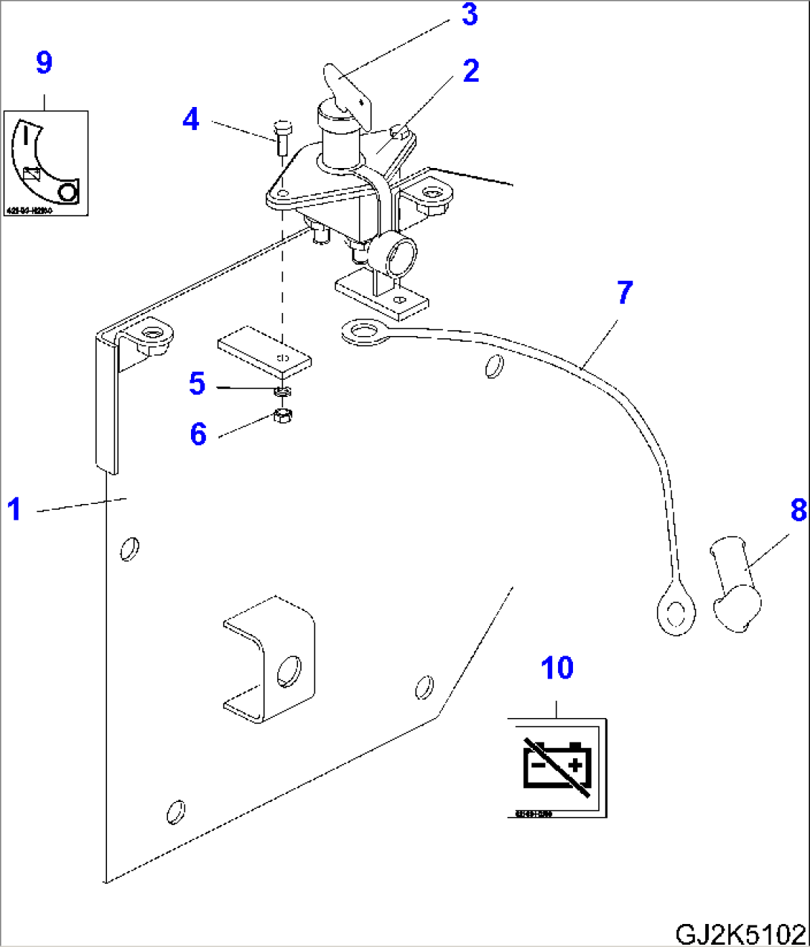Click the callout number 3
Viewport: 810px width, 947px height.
tap(469, 15)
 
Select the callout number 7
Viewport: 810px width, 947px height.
tap(624, 293)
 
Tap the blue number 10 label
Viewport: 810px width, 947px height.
tap(557, 668)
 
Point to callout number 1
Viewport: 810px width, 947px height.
tap(14, 510)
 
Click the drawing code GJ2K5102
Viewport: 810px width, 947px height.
tap(739, 933)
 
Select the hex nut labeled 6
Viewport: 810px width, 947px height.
tap(282, 416)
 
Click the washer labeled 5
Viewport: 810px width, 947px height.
tap(282, 390)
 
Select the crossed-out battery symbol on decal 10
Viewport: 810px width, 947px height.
tap(557, 766)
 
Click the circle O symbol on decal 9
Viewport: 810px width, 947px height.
tap(68, 193)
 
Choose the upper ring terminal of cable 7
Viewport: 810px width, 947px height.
tap(363, 332)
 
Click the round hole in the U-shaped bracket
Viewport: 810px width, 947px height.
tap(288, 671)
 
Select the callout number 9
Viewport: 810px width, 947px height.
tap(44, 63)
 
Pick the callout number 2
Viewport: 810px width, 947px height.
tap(470, 71)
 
